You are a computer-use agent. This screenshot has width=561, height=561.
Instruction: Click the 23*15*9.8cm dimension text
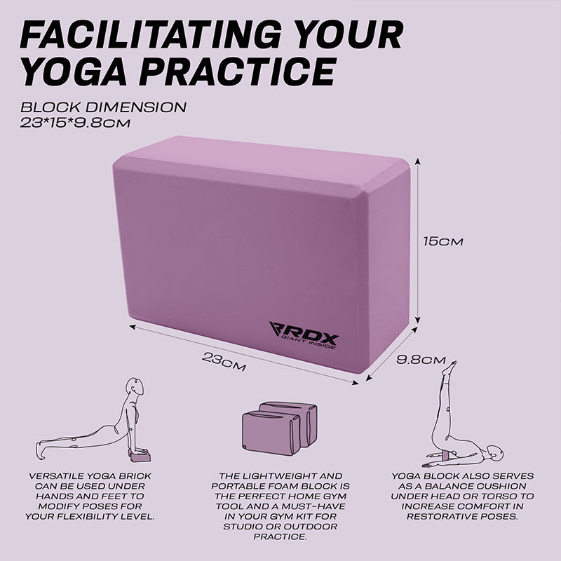click(x=75, y=123)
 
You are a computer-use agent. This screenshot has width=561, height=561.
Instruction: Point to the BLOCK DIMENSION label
click(x=103, y=107)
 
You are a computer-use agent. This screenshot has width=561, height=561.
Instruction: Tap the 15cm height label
click(x=443, y=241)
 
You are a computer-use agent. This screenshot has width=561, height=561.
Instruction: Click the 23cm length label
click(x=224, y=361)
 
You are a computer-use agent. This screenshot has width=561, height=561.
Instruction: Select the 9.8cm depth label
click(x=421, y=360)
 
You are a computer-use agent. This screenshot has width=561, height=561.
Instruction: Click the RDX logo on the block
click(x=304, y=335)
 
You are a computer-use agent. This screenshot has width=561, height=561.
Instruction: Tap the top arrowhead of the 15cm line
click(x=417, y=161)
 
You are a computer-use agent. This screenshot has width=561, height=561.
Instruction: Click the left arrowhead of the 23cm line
click(x=133, y=326)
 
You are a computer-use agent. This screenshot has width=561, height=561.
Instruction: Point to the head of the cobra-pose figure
click(x=135, y=386)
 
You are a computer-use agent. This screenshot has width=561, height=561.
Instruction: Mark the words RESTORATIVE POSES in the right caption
click(x=462, y=517)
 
